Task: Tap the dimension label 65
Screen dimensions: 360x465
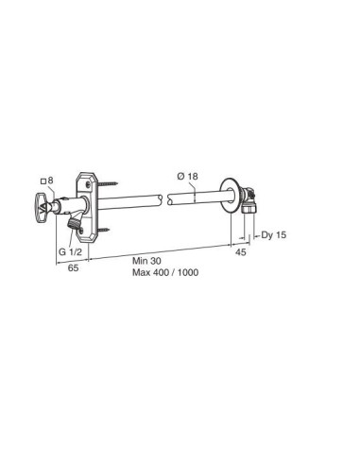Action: (x=73, y=267)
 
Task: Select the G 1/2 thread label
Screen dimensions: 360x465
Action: (x=70, y=252)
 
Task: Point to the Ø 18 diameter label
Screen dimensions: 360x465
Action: (x=188, y=176)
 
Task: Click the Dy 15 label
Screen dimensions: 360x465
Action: (x=274, y=234)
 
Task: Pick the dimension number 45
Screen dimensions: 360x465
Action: (x=241, y=252)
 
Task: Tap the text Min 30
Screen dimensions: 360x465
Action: (x=146, y=261)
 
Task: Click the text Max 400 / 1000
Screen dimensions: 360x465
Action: (x=165, y=272)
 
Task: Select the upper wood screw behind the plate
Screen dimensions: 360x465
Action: (x=108, y=183)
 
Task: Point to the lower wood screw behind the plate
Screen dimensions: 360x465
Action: (x=104, y=231)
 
